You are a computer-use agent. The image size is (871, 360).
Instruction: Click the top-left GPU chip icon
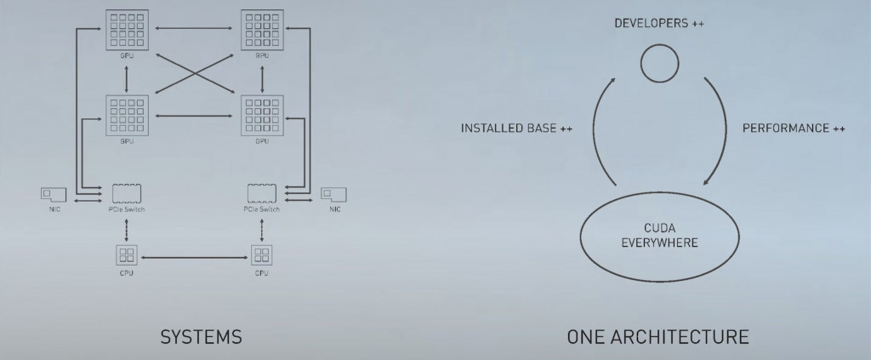[127, 30]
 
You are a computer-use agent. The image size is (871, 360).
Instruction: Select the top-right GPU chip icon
[262, 30]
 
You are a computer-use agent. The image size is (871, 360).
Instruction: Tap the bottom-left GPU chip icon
[127, 115]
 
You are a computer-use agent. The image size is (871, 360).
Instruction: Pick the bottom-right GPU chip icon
[262, 115]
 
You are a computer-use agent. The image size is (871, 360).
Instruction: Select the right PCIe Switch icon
[262, 192]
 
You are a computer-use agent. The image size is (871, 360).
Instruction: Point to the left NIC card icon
[54, 195]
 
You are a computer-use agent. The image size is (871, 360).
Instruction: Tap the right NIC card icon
[333, 194]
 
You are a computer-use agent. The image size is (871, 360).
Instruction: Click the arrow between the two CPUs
[194, 255]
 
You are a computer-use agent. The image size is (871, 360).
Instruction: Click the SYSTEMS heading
[201, 337]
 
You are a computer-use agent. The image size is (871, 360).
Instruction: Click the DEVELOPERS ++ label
[659, 23]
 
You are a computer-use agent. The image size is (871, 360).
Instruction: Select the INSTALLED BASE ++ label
[516, 129]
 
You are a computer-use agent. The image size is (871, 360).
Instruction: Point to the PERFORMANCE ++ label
[794, 129]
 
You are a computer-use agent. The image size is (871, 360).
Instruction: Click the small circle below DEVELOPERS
[658, 62]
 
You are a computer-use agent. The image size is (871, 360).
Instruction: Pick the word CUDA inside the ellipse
[660, 228]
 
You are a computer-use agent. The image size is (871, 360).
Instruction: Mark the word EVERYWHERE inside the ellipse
[659, 243]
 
